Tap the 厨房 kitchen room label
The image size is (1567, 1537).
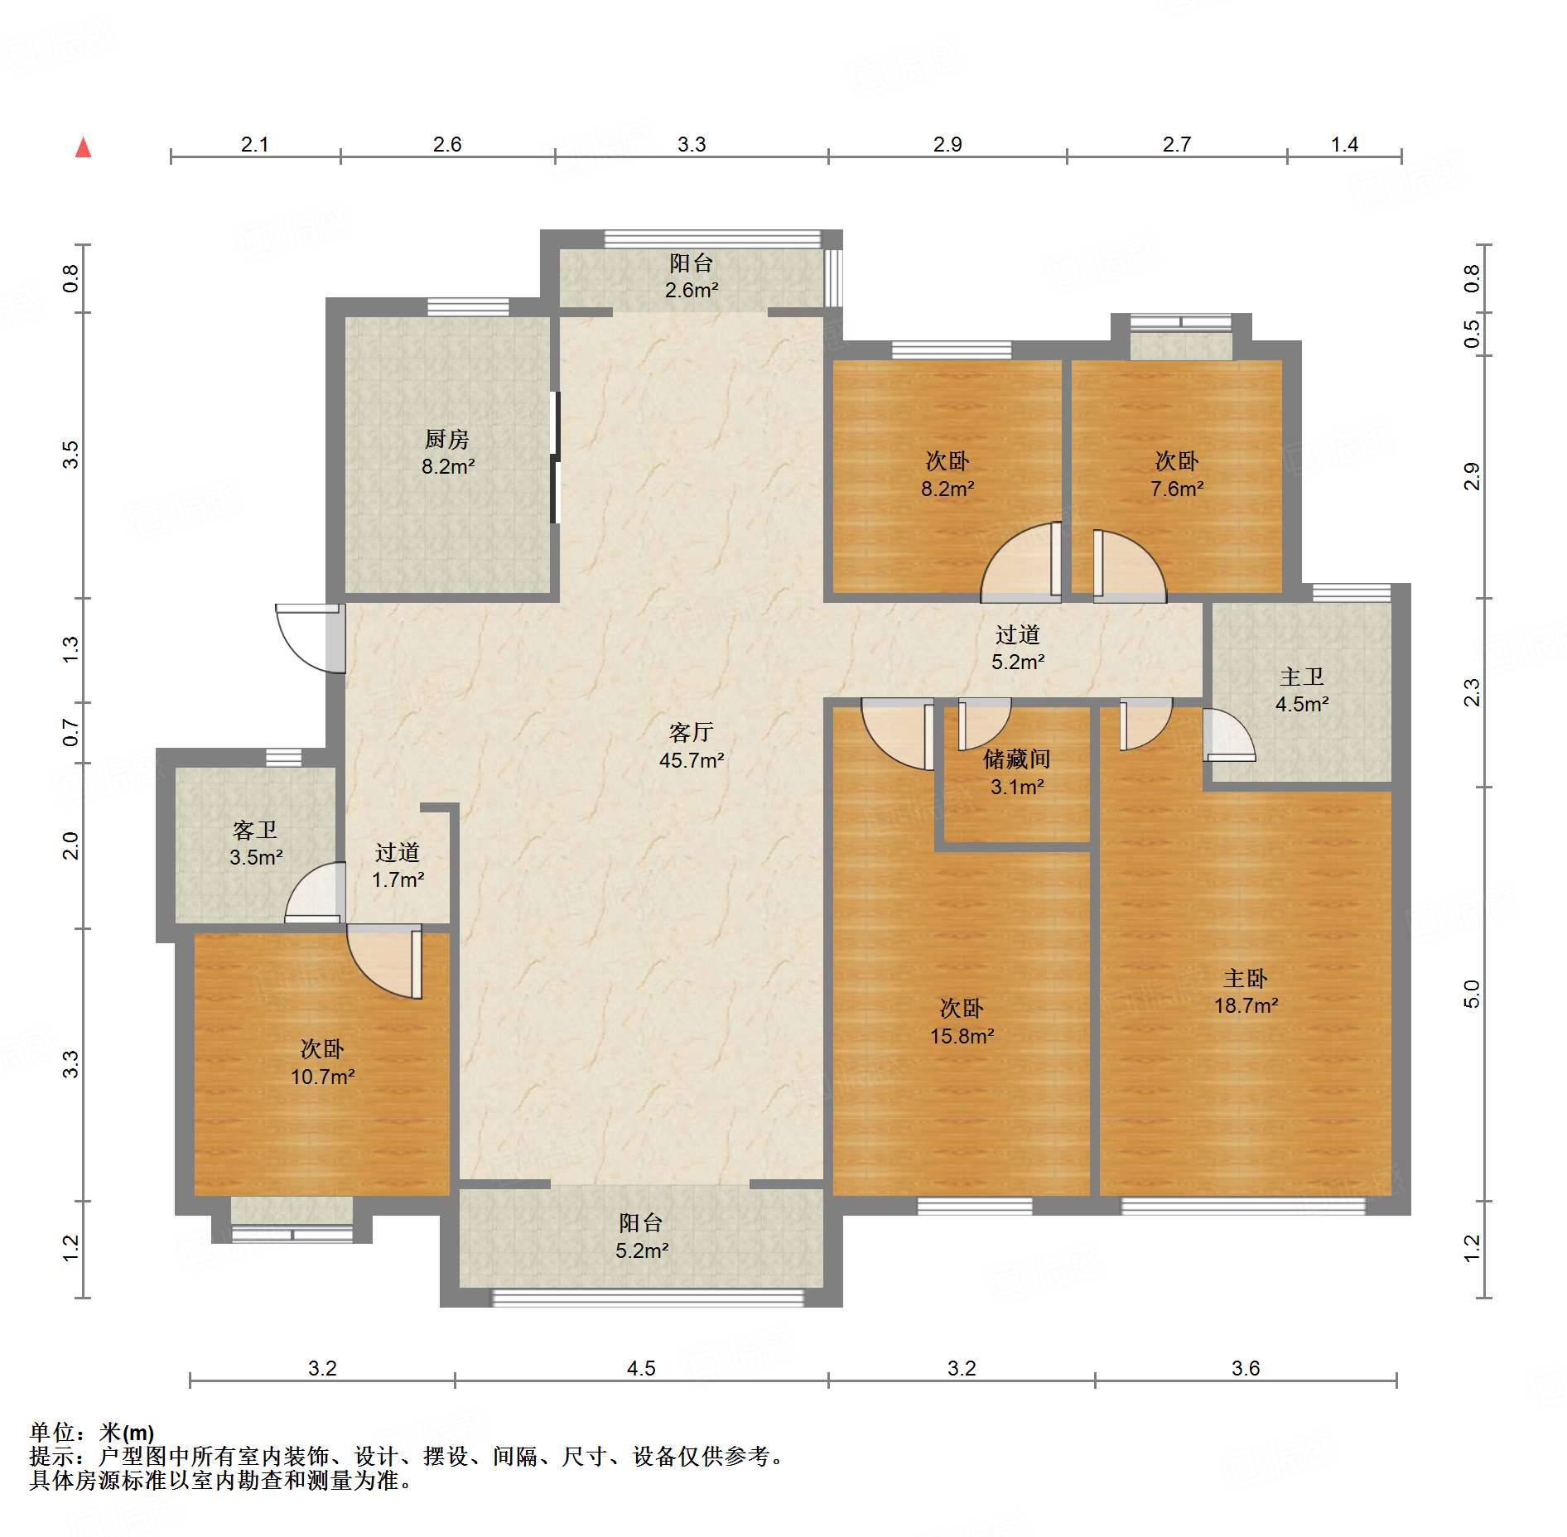pos(447,439)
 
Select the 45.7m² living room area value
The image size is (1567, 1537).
pos(692,760)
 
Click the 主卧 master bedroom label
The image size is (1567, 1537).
pos(1246,979)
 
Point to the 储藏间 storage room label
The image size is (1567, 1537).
pos(1017,759)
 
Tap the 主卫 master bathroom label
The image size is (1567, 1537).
pos(1302,677)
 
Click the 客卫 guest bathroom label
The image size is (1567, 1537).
pos(255,830)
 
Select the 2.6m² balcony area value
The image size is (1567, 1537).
pos(692,290)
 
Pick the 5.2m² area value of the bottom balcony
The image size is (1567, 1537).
pos(641,1250)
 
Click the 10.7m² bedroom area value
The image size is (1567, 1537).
pos(322,1077)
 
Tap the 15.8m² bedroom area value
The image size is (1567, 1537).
pos(962,1036)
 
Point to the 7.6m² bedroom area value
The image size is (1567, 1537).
pos(1177,489)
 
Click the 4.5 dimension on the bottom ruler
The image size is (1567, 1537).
pos(641,1368)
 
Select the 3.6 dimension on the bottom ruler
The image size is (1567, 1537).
pos(1246,1368)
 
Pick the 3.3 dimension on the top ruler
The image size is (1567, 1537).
pos(692,144)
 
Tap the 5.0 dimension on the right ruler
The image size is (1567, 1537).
pos(1472,994)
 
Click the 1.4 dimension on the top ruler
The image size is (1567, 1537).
pos(1344,144)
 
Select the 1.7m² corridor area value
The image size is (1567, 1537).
pos(398,879)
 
